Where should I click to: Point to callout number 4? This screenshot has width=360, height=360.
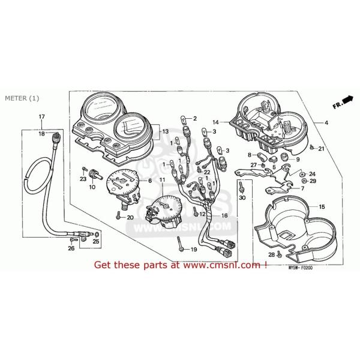pos(326,122)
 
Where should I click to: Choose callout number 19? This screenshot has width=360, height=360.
pos(194,249)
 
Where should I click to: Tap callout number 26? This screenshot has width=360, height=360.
pos(71,248)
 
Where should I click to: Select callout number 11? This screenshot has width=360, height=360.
pos(161,180)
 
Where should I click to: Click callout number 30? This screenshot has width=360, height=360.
pos(242,197)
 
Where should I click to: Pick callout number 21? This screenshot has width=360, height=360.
pos(322,148)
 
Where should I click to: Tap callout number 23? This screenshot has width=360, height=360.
pos(83,178)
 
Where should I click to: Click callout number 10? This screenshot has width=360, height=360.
pos(92,187)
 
